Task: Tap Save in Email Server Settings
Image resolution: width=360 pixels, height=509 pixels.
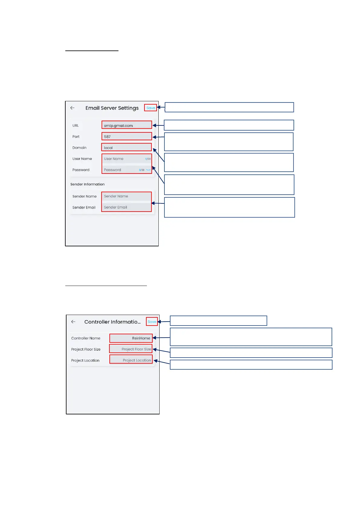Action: [x=151, y=108]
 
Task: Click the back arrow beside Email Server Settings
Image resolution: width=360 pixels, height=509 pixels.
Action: [x=73, y=108]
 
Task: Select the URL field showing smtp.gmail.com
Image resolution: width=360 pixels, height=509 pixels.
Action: [x=127, y=125]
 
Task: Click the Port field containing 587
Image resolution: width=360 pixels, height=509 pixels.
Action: [x=127, y=137]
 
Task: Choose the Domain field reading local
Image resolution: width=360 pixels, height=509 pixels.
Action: [x=127, y=148]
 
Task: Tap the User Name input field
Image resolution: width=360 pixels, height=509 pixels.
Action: [x=124, y=159]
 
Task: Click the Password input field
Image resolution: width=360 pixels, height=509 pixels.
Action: [x=121, y=170]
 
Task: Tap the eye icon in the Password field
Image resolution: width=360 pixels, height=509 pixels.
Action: [x=148, y=170]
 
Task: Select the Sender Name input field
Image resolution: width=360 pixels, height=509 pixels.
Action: [x=127, y=196]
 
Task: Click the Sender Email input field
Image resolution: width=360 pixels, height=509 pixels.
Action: [x=127, y=207]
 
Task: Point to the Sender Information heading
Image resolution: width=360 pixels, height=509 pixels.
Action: [x=87, y=184]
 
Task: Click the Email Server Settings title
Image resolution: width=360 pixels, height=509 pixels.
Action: [x=112, y=108]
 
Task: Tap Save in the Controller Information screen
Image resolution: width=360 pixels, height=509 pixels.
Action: [x=152, y=322]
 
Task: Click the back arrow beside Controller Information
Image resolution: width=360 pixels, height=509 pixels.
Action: [x=73, y=322]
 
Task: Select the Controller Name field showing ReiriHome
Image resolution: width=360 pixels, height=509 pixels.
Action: [x=131, y=338]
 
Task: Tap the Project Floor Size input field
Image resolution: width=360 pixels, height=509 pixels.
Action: [x=131, y=349]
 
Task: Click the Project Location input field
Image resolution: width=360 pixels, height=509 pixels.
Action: [x=131, y=360]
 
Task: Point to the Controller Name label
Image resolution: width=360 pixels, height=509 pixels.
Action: [x=86, y=338]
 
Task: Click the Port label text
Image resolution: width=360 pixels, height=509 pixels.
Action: [x=76, y=137]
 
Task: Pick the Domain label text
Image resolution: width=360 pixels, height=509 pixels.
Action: [x=79, y=148]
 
